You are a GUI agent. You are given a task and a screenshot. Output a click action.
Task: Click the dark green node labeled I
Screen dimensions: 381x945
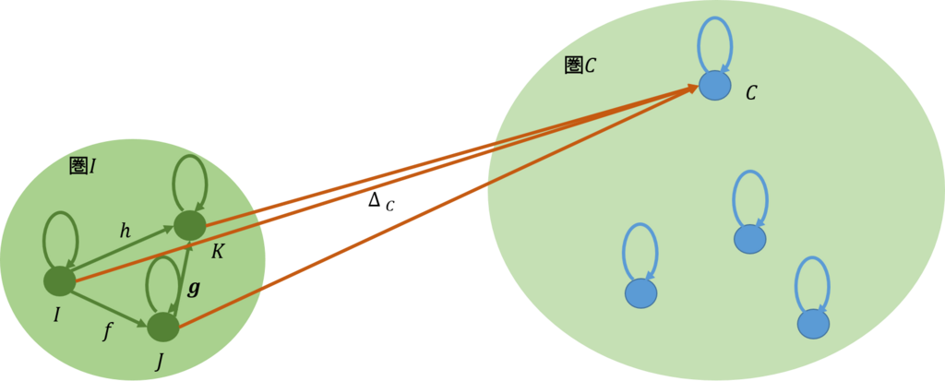[59, 281]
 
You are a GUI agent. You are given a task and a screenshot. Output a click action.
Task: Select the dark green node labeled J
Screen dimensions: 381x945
[163, 327]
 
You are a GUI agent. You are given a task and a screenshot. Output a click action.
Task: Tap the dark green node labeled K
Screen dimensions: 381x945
[189, 225]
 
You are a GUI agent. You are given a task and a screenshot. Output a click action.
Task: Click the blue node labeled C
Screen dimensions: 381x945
[714, 86]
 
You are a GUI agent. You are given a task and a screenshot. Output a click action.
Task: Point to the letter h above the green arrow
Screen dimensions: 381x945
[126, 232]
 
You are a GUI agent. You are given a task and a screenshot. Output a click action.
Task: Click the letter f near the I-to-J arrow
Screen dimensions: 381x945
[108, 331]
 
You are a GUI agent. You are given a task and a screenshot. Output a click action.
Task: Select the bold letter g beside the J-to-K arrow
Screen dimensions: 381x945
[194, 288]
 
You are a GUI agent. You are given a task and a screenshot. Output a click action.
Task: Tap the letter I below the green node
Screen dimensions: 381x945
[56, 316]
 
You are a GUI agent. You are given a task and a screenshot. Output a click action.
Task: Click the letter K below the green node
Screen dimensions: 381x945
[217, 252]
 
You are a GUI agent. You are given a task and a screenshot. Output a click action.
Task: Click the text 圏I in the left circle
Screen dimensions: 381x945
[82, 166]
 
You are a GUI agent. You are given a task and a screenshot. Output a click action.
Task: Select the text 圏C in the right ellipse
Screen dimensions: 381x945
[580, 65]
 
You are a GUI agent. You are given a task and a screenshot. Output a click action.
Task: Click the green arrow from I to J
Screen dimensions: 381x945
[109, 304]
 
